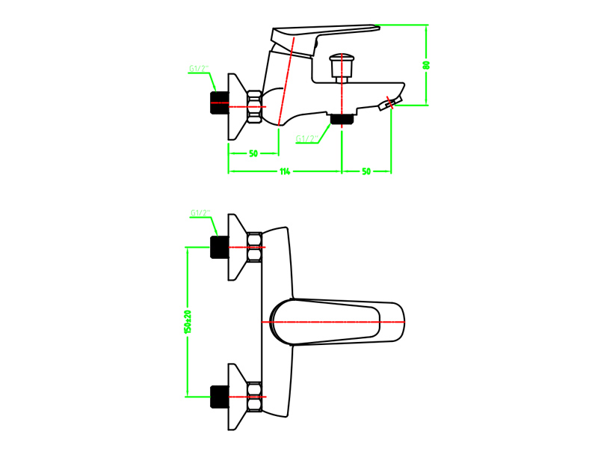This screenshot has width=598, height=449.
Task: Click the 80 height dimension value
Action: [426, 65]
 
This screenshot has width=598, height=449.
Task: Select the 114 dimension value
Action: [285, 171]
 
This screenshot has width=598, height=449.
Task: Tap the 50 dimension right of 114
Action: [366, 171]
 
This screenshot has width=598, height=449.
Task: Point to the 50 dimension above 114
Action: [253, 153]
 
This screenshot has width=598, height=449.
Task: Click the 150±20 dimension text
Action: [188, 322]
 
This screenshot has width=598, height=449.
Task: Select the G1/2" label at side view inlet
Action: [199, 69]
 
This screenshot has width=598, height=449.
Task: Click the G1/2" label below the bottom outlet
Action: [307, 138]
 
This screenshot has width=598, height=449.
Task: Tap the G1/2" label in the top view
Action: [200, 213]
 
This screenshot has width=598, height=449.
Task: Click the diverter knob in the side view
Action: [342, 67]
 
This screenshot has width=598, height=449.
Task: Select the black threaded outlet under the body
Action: [342, 119]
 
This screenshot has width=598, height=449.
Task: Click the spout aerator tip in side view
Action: [390, 103]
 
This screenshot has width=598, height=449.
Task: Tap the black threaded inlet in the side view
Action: [219, 103]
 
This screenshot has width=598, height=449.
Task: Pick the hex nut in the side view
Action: [254, 106]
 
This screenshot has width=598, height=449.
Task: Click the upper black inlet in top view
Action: [219, 247]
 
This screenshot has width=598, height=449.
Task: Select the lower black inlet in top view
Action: [219, 397]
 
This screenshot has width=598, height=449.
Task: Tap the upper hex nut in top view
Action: [254, 247]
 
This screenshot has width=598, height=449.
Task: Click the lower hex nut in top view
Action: [254, 397]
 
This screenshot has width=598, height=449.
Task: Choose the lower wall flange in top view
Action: [236, 397]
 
